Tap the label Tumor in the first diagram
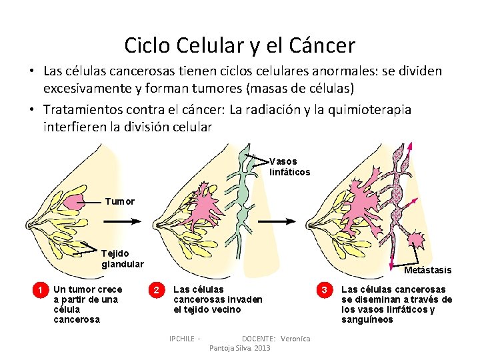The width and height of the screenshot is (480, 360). point(120,201)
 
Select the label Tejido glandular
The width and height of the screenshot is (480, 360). point(122,259)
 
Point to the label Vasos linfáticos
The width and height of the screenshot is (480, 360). point(289,167)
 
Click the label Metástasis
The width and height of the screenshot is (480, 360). point(427,270)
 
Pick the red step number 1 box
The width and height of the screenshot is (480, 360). point(41,290)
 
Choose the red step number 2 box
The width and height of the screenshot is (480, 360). point(156,290)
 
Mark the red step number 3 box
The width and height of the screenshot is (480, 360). point(325,290)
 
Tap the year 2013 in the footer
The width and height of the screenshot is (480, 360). point(262,348)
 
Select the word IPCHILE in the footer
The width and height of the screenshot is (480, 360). point(183,339)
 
